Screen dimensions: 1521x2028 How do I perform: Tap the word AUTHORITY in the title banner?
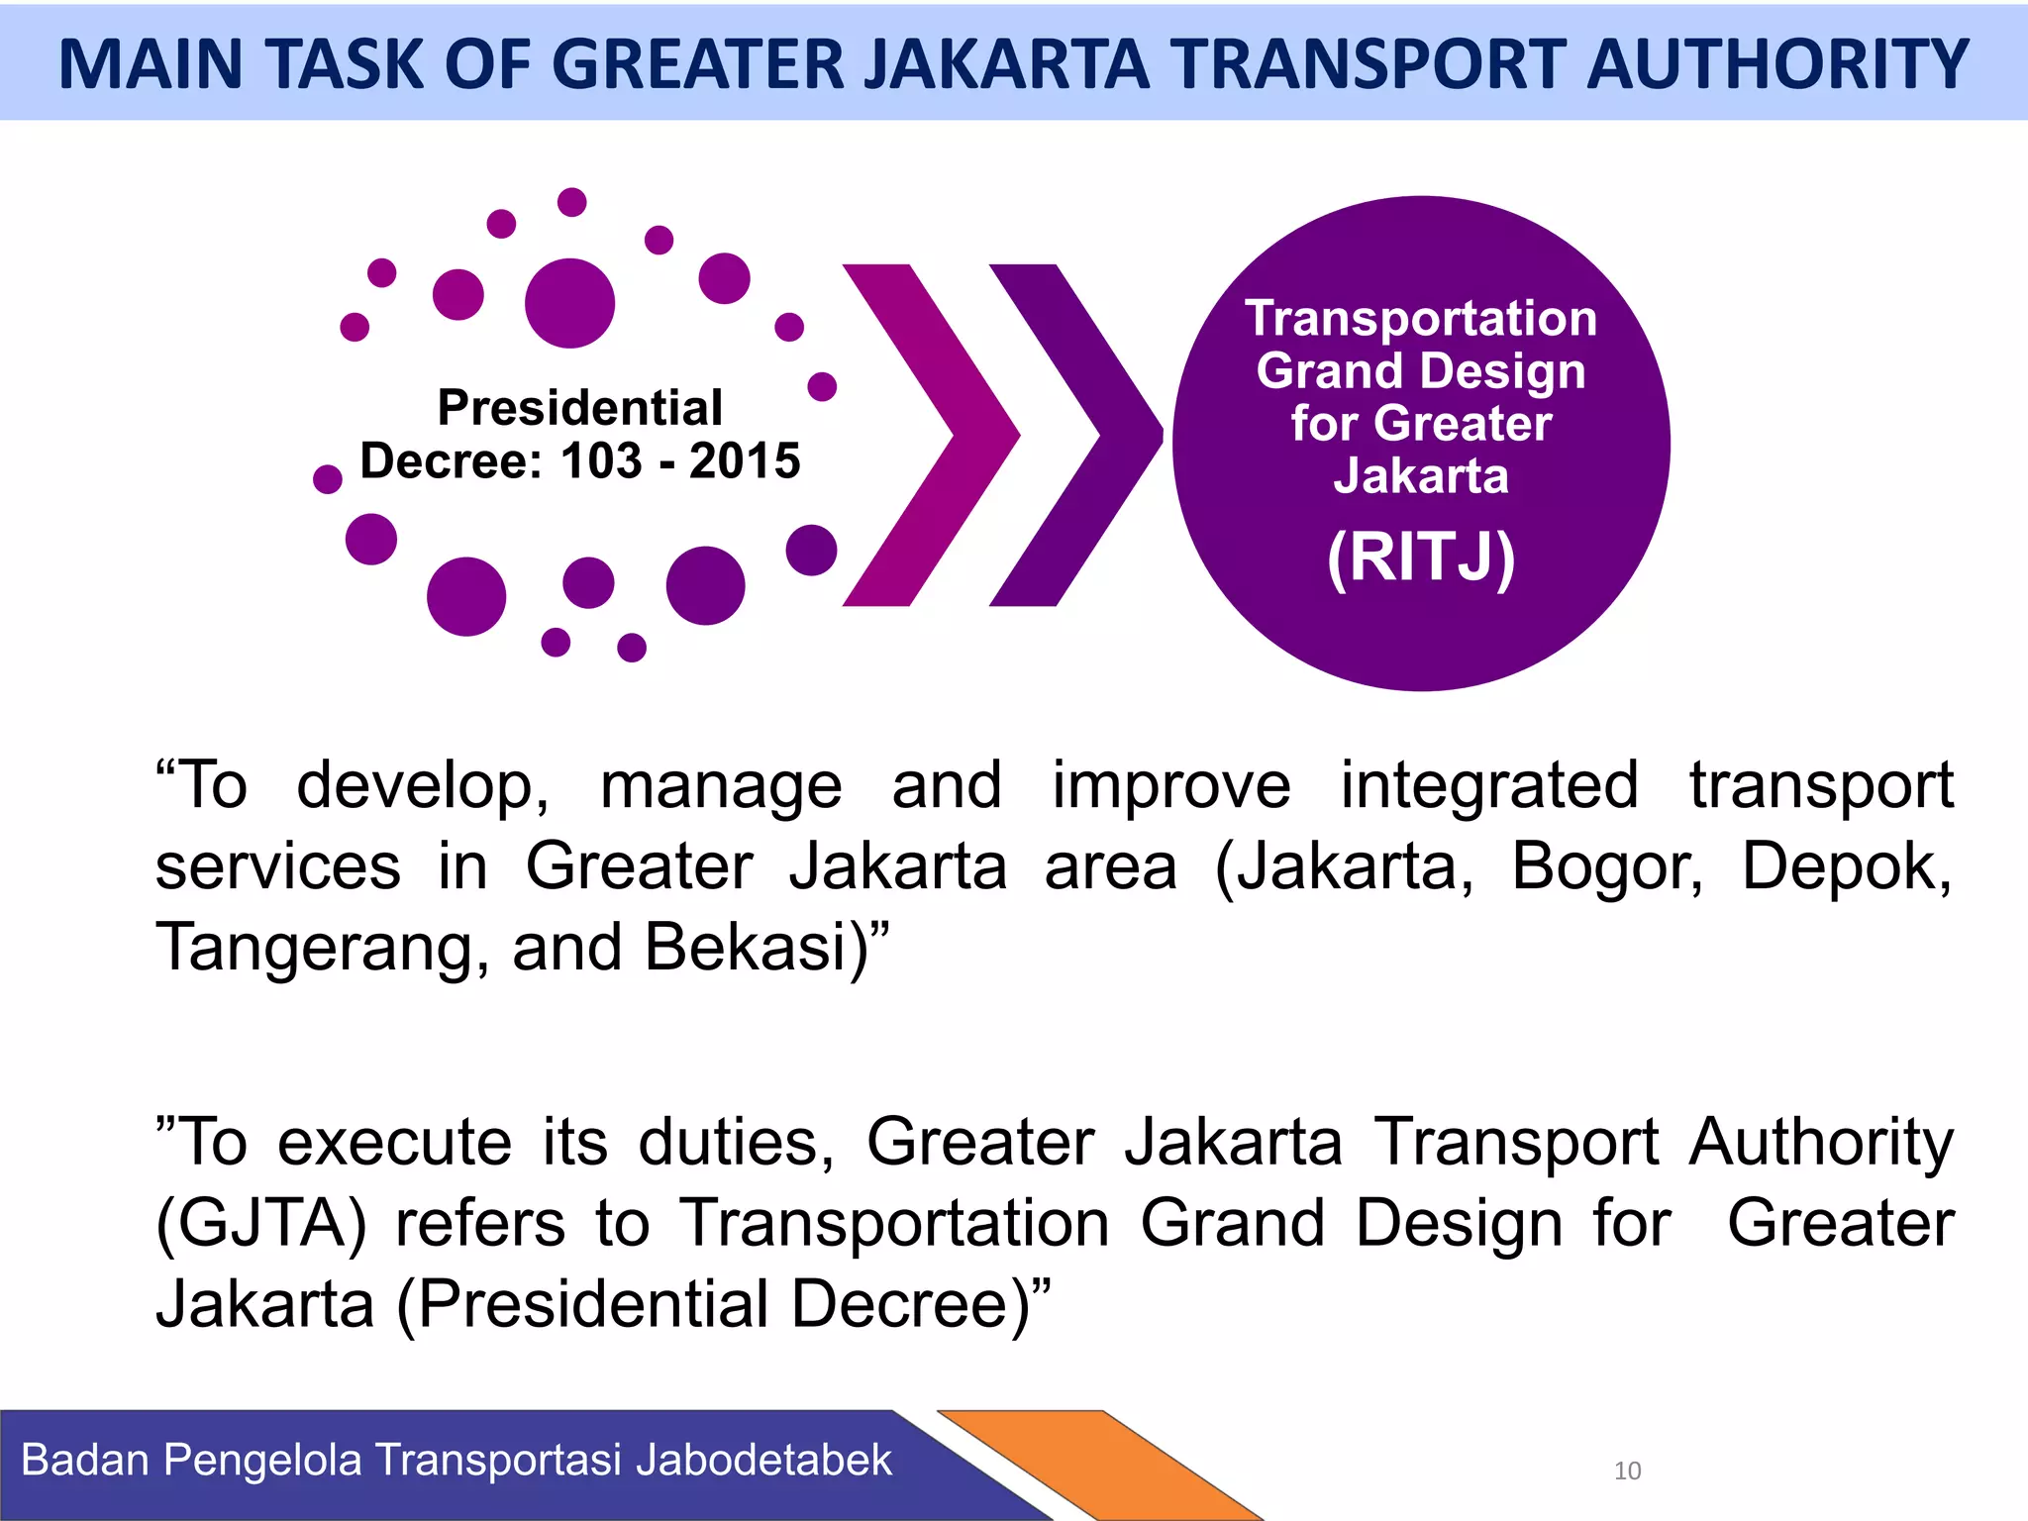pos(1777,64)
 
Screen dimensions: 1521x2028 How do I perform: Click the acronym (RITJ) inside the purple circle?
pos(1421,558)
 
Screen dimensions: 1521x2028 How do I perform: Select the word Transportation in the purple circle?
pos(1421,319)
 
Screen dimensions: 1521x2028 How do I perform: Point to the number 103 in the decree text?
pos(601,461)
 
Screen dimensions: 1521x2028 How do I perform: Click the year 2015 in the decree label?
pos(745,461)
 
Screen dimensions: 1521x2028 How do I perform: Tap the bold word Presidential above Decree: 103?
pos(580,408)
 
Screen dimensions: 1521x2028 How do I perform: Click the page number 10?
pos(1627,1470)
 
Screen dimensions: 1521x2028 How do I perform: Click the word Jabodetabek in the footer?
pos(763,1461)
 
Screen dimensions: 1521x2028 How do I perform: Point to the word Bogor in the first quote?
pos(1607,867)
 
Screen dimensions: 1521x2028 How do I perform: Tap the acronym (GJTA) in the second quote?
pos(261,1224)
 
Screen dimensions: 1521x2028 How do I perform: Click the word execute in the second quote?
pos(394,1143)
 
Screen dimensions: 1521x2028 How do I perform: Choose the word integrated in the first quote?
pos(1489,786)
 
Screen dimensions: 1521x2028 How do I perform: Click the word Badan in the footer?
pos(85,1461)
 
